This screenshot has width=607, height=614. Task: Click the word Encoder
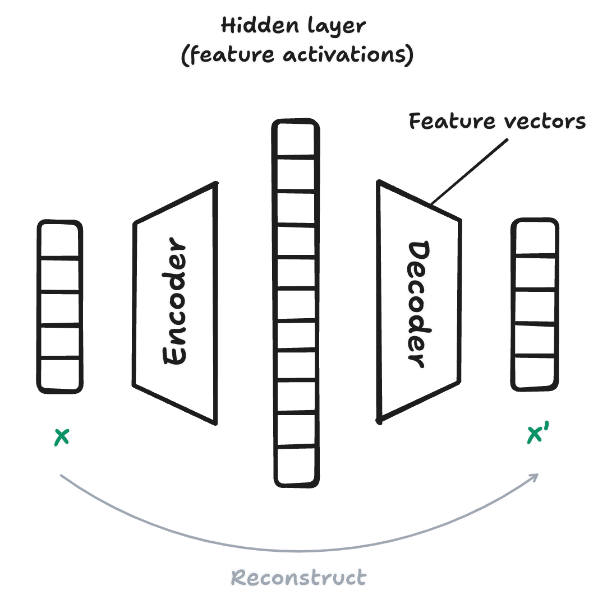click(174, 303)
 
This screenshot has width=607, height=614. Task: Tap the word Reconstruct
click(298, 578)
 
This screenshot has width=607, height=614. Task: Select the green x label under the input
click(61, 437)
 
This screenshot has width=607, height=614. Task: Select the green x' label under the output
click(536, 435)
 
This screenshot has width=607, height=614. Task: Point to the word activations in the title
click(348, 55)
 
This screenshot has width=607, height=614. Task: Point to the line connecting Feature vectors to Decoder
click(468, 172)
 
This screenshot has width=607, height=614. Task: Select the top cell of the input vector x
click(59, 240)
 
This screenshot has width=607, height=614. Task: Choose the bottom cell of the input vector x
click(59, 374)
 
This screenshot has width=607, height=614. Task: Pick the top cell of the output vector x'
click(535, 238)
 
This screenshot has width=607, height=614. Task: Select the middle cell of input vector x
click(59, 308)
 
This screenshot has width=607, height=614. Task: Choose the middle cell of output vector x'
click(535, 306)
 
